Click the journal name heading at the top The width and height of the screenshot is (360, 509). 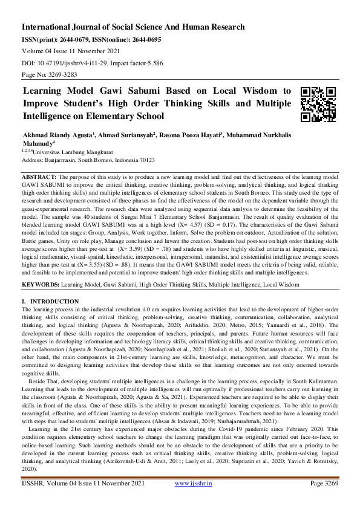click(x=133, y=27)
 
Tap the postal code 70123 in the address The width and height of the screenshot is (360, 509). click(x=146, y=161)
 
